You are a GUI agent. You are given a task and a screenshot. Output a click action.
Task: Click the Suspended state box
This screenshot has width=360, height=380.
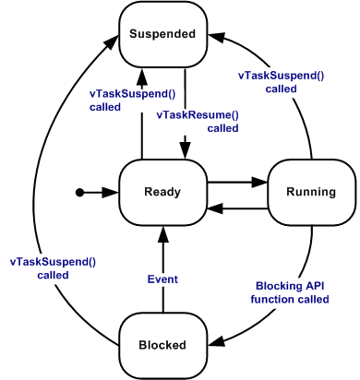[x=162, y=34]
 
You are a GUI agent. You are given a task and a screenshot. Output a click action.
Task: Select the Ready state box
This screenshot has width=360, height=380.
[x=162, y=192]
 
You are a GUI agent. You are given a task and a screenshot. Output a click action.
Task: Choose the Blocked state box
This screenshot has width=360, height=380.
[x=162, y=345]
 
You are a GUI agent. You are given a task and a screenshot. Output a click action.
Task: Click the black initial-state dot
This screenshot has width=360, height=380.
[x=79, y=192]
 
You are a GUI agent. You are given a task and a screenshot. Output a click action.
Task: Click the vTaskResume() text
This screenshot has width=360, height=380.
[x=198, y=114]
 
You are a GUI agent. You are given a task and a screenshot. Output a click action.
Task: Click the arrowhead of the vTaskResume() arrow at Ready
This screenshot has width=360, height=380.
[x=186, y=152]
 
